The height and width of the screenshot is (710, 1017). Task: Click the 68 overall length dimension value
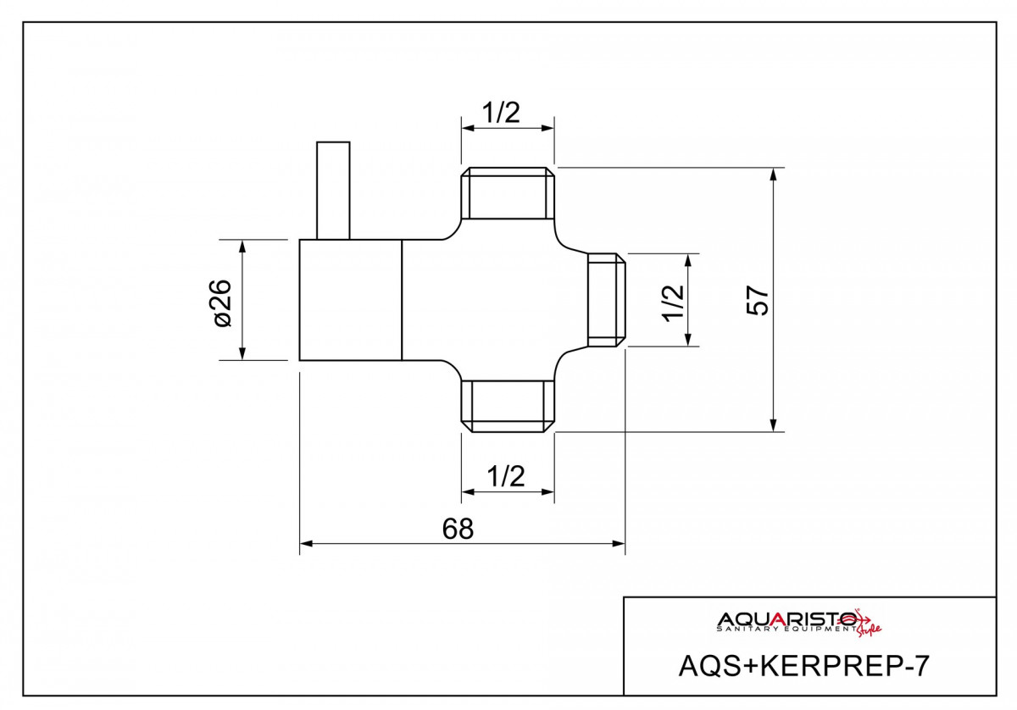(x=458, y=529)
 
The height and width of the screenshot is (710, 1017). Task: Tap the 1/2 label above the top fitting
(x=502, y=112)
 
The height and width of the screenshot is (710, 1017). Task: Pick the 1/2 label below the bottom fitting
(x=506, y=476)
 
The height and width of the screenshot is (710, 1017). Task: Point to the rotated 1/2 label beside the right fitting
(x=673, y=302)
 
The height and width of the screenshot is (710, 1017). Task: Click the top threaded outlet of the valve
(x=508, y=192)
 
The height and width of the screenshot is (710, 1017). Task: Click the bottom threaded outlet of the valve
(x=508, y=407)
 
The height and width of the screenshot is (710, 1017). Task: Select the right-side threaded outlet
(x=608, y=300)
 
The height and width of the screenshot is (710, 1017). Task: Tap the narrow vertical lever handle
(x=333, y=191)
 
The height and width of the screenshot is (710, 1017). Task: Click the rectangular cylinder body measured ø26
(x=350, y=300)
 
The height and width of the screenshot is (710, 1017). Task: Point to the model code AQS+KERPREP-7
(x=803, y=666)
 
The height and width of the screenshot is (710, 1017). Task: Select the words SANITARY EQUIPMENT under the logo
(x=785, y=630)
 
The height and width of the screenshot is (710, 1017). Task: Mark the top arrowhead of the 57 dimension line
(x=773, y=174)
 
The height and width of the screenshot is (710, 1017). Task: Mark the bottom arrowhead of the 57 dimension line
(x=773, y=425)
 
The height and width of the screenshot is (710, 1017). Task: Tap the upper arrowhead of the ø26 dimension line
(x=243, y=246)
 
